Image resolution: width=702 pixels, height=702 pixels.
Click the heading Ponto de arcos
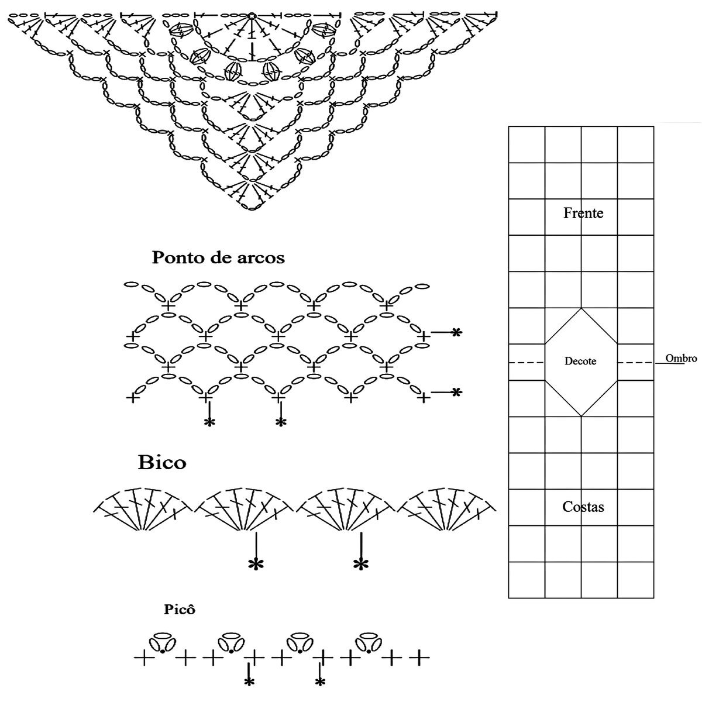click(218, 257)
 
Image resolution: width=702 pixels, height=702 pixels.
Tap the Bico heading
click(162, 463)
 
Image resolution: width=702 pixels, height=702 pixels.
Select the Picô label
click(179, 610)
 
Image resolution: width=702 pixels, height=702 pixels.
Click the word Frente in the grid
click(583, 213)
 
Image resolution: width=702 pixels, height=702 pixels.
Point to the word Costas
click(583, 507)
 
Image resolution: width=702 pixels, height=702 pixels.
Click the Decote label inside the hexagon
click(580, 362)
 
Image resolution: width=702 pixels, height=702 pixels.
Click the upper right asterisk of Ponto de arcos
click(456, 333)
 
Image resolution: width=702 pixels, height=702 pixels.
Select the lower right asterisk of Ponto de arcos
click(456, 393)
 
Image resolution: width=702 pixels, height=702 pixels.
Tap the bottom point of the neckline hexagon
click(581, 416)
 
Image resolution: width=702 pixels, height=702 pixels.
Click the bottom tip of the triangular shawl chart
click(252, 209)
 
